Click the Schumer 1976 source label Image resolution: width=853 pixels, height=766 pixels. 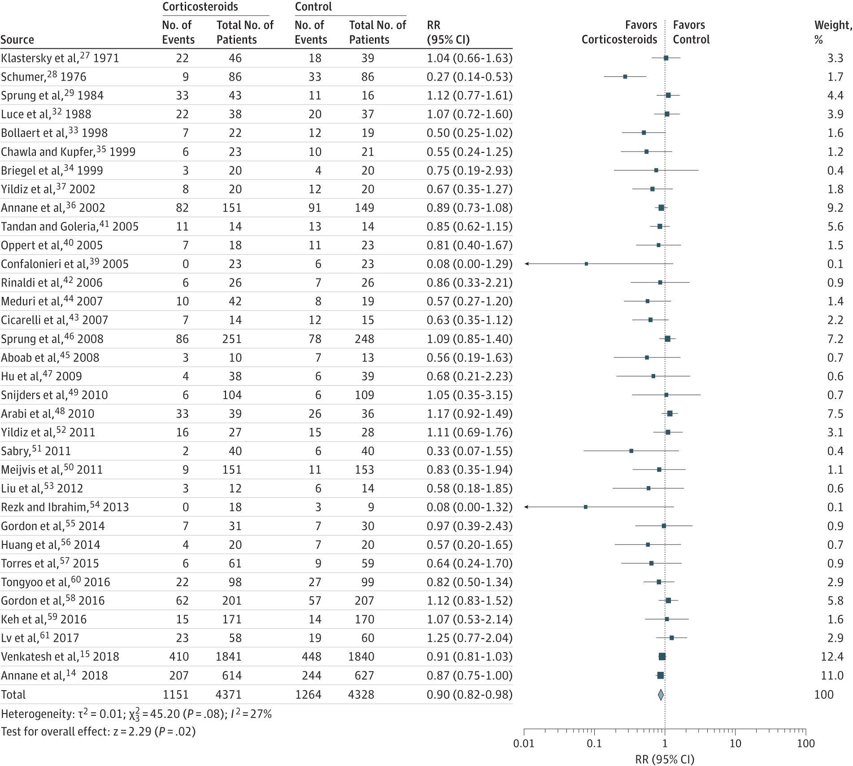pyautogui.click(x=44, y=77)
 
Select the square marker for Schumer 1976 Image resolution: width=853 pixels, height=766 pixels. pyautogui.click(x=625, y=77)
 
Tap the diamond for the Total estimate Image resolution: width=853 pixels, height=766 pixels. pyautogui.click(x=661, y=695)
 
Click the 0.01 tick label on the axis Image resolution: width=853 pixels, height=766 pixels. pyautogui.click(x=524, y=744)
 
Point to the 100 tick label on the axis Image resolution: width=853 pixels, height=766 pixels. pyautogui.click(x=805, y=744)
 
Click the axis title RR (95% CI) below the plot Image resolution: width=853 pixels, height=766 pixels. pyautogui.click(x=665, y=759)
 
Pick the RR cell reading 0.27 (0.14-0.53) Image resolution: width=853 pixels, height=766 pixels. pyautogui.click(x=470, y=77)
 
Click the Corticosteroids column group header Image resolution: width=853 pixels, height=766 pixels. pyautogui.click(x=200, y=7)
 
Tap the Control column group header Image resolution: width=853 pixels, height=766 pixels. pyautogui.click(x=313, y=7)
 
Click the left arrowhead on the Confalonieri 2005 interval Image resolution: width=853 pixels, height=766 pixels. pyautogui.click(x=526, y=264)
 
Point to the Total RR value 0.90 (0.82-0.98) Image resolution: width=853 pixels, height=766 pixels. pyautogui.click(x=470, y=695)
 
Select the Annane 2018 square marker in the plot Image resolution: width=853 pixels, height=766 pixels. pyautogui.click(x=660, y=675)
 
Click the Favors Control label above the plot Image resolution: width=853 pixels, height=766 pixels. pyautogui.click(x=691, y=32)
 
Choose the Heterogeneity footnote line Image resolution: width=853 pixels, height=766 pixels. pyautogui.click(x=136, y=714)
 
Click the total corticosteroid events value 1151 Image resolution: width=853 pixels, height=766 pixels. pyautogui.click(x=175, y=695)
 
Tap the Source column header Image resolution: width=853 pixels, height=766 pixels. pyautogui.click(x=17, y=39)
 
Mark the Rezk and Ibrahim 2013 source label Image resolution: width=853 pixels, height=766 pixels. pyautogui.click(x=65, y=507)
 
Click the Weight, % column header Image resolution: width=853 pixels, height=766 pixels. pyautogui.click(x=833, y=32)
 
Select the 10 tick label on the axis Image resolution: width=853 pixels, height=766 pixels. pyautogui.click(x=735, y=744)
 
